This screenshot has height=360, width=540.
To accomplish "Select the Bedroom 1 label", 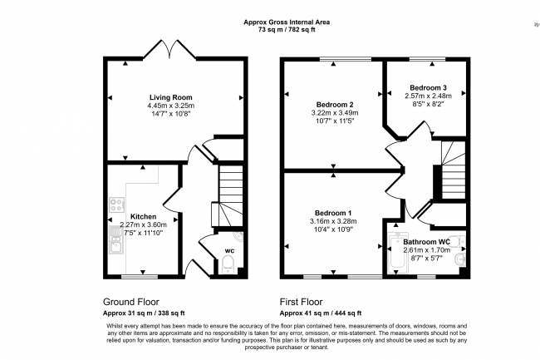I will [x=333, y=213].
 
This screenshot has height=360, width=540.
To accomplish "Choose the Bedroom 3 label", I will [x=428, y=87].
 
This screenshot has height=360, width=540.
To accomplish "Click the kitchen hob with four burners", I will [x=115, y=204].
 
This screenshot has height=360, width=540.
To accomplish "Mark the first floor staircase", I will [x=453, y=170].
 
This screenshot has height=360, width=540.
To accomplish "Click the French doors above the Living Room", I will [x=171, y=49].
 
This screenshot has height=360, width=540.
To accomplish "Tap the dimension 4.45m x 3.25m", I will [x=171, y=106].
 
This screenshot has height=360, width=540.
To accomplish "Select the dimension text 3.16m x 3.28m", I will [x=333, y=221].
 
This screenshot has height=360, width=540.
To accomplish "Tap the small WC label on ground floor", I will [x=228, y=249].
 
